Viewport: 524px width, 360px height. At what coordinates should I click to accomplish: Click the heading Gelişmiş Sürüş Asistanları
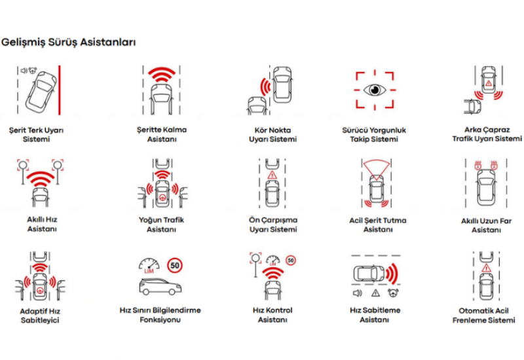[69, 43]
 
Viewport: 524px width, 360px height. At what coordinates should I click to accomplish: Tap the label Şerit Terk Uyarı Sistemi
[36, 135]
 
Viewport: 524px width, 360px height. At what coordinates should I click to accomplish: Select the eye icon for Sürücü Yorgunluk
[375, 90]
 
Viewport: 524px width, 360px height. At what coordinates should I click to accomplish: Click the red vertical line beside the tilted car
[60, 90]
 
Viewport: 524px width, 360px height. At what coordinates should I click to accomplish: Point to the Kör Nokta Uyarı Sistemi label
[272, 135]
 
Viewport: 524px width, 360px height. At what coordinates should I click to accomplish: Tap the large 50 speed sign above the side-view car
[175, 266]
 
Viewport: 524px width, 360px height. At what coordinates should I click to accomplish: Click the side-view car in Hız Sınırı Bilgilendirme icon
[160, 287]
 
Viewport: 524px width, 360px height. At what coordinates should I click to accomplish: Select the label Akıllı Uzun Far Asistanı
[486, 225]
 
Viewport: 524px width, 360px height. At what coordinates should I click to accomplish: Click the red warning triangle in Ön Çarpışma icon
[272, 175]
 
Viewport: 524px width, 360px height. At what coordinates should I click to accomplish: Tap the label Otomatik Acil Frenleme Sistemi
[483, 315]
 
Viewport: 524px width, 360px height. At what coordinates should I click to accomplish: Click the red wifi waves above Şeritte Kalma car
[161, 75]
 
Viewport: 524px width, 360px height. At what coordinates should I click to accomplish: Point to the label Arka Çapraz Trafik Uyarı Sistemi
[487, 134]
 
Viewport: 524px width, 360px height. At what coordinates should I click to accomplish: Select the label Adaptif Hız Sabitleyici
[40, 315]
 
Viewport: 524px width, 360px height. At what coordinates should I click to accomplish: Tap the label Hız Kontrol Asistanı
[272, 315]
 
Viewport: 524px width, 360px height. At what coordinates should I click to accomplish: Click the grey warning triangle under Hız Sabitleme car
[375, 293]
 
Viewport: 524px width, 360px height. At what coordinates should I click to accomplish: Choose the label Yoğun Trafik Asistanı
[161, 225]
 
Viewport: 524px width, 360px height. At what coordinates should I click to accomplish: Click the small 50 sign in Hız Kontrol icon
[291, 261]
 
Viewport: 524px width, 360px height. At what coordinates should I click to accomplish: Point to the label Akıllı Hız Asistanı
[42, 224]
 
